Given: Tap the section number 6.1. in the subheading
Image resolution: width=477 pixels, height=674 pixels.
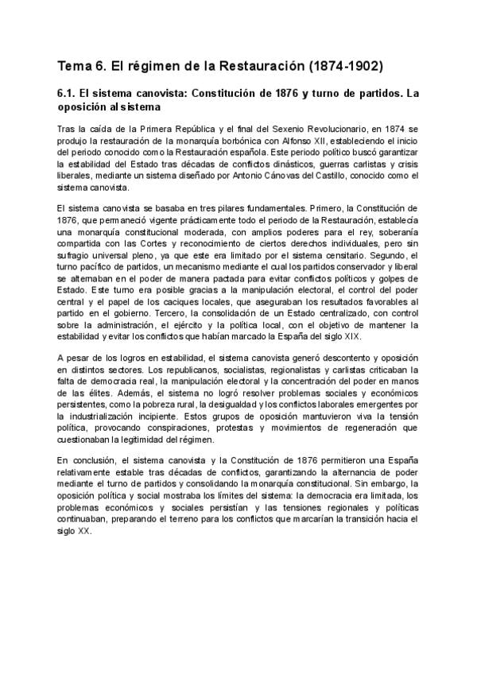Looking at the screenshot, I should [x=69, y=93].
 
